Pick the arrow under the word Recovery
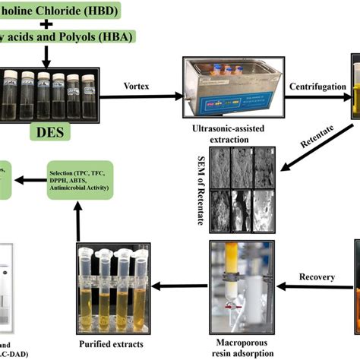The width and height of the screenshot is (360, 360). [311, 287]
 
